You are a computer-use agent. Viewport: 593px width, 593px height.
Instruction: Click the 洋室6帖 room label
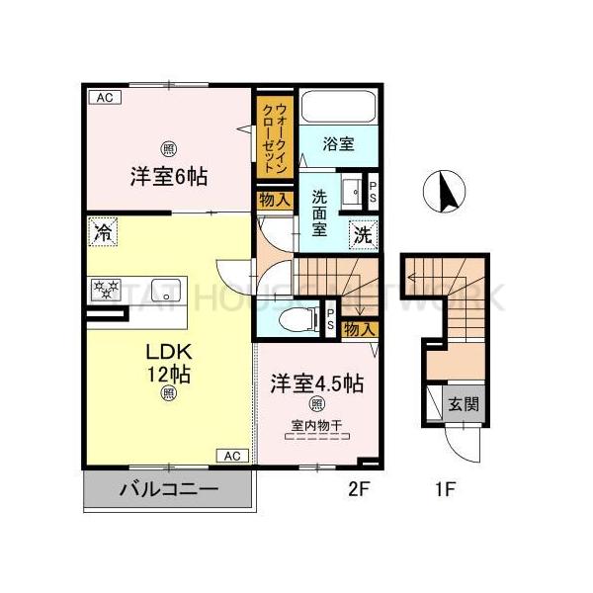point(167,178)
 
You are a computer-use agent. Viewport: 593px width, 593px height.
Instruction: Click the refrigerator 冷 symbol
point(102,233)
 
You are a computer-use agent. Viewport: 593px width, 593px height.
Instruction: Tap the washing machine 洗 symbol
point(364,235)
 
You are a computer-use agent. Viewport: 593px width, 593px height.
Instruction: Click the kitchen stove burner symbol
point(103,290)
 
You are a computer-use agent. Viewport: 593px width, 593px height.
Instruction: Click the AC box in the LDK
point(231,456)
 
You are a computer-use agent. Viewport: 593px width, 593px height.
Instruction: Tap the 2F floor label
point(359,487)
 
